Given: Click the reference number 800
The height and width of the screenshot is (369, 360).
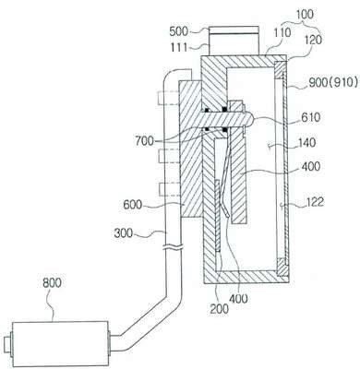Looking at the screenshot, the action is [52, 283].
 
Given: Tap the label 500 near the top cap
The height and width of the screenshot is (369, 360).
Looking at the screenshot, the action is [179, 31].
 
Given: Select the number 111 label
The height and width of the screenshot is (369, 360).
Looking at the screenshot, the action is [180, 47].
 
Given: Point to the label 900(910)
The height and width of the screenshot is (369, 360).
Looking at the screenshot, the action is [333, 82].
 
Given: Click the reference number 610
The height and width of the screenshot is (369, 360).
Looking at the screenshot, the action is [311, 117].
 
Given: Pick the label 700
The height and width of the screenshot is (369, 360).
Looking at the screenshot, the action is [144, 141].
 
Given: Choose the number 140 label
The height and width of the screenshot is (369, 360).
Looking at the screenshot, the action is [306, 143].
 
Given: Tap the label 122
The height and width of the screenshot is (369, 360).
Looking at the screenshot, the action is [315, 202].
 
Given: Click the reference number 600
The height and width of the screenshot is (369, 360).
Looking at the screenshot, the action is [133, 205].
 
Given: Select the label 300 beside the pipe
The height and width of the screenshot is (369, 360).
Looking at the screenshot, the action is [124, 233].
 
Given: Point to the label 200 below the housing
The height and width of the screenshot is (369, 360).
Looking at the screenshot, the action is [220, 309].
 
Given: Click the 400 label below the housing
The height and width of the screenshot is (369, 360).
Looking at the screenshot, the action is [238, 298].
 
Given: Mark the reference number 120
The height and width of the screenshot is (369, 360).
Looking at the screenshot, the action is [314, 40].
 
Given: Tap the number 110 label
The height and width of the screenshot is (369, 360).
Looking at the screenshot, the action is [282, 33].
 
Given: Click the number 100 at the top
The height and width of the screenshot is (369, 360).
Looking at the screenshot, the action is [305, 15].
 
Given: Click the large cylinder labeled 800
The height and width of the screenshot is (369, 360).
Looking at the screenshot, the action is [60, 344].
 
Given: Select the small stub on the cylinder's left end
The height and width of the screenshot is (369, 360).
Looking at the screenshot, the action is [6, 344].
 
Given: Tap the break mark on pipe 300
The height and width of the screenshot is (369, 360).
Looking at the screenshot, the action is [173, 246].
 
